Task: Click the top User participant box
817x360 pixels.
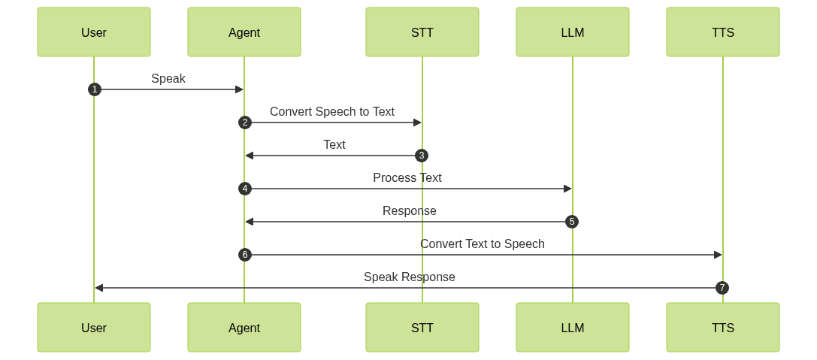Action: [x=94, y=32]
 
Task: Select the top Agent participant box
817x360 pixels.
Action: [x=244, y=32]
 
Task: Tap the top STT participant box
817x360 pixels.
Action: [x=422, y=32]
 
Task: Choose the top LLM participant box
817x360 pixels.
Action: [x=573, y=32]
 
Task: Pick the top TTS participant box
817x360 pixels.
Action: [x=723, y=32]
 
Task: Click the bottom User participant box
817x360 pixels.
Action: [x=94, y=328]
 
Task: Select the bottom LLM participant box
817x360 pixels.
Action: [x=573, y=328]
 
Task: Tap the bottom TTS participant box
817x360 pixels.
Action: [x=723, y=328]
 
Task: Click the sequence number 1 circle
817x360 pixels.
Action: [x=94, y=89]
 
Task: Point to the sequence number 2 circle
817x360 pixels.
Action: [x=244, y=123]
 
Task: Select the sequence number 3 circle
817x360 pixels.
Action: [x=422, y=156]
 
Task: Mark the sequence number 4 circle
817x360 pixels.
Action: [x=244, y=189]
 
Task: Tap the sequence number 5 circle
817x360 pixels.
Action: [x=572, y=222]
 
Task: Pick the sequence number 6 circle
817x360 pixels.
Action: [x=244, y=255]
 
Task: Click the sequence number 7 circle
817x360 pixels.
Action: [x=722, y=288]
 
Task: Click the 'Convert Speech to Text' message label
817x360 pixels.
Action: [x=332, y=112]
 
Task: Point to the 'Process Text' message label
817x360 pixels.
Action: [x=407, y=178]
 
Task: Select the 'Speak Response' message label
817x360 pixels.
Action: [x=410, y=277]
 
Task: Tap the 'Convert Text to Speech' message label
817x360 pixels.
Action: [x=483, y=244]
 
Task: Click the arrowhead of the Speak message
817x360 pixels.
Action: [x=239, y=89]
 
